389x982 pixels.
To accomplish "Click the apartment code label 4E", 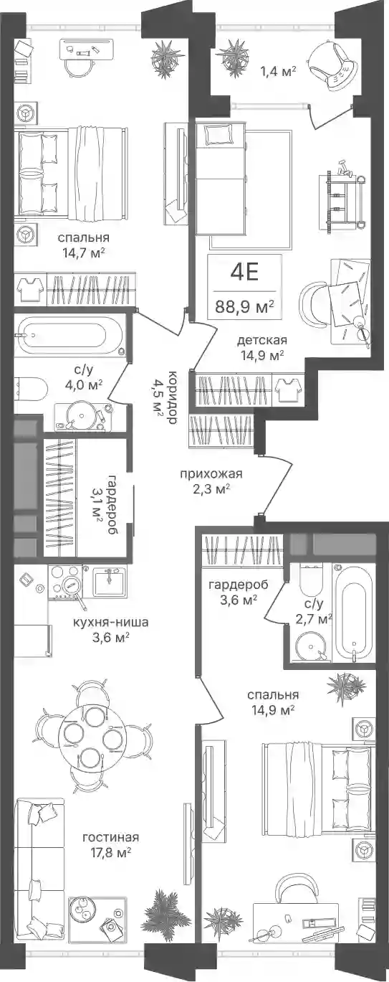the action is (x=244, y=273).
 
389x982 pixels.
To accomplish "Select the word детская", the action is (x=262, y=340).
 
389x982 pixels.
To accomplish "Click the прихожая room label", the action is (x=211, y=474).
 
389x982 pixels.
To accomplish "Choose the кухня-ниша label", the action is (x=111, y=622).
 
